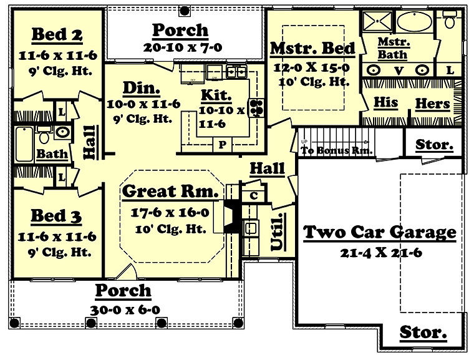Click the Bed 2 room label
tap(57, 34)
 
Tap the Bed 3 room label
tap(56, 216)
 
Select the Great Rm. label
tap(170, 191)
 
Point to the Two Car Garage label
tap(380, 232)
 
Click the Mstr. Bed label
tap(312, 49)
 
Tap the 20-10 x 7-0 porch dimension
tap(183, 47)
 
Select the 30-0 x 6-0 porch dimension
tap(125, 310)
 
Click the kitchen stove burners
tap(256, 108)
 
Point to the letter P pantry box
tap(223, 145)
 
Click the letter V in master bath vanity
tap(399, 71)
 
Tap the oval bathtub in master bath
tap(415, 21)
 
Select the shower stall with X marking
tap(377, 21)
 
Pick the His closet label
tap(385, 102)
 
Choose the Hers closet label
tap(433, 104)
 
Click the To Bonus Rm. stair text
tap(336, 150)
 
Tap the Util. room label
tap(278, 232)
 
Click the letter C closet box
tap(254, 196)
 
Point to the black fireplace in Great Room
tap(233, 216)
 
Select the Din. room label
tap(142, 88)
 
